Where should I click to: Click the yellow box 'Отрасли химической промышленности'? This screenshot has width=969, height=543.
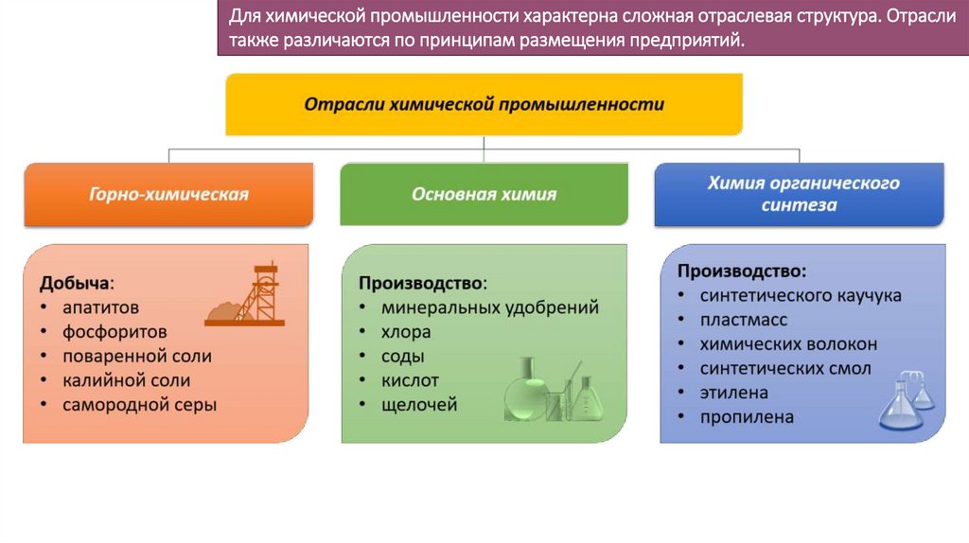point(484,104)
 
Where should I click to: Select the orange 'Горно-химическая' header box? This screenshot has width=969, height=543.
point(168,195)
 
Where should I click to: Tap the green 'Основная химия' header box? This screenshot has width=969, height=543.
point(484,195)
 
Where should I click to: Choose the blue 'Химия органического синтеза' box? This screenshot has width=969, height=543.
point(799,194)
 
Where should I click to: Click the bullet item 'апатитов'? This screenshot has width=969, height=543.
point(101,307)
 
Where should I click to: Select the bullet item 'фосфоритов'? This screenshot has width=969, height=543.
point(115,332)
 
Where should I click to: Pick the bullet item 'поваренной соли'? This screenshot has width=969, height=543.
point(137,357)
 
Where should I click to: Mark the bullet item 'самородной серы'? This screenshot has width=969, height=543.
point(140,405)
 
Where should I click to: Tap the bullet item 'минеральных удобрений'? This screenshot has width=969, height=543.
point(490,307)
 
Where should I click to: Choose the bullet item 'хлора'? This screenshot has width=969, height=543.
point(406,332)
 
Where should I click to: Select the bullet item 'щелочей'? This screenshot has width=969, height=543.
point(419,405)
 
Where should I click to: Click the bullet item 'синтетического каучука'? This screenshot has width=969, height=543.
point(801,295)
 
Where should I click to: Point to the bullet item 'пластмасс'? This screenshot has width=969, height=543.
point(744,320)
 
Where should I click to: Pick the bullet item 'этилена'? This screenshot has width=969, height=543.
point(734,393)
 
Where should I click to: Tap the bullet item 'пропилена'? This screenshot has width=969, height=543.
point(747,417)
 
